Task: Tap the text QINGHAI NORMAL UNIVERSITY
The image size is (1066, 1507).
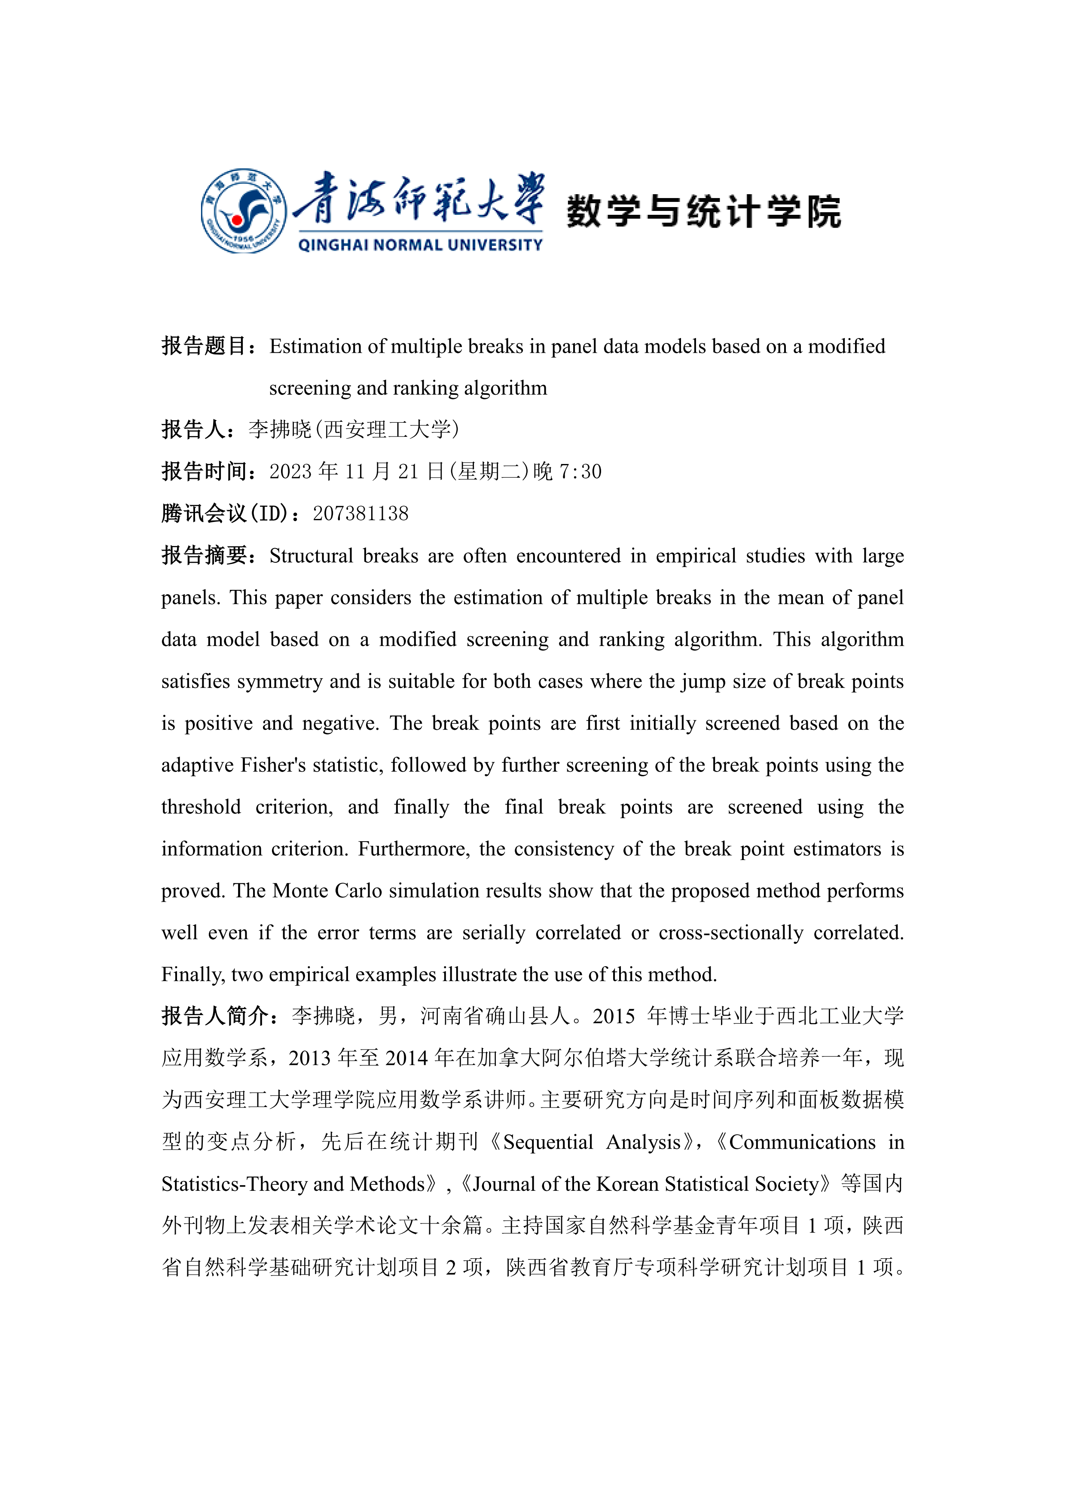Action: pos(420,245)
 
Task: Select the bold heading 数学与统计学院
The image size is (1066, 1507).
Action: pos(704,211)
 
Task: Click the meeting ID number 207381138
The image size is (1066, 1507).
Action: pos(360,513)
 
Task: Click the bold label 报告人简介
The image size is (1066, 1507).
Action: pos(215,1016)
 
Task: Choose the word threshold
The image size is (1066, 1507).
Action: pos(201,807)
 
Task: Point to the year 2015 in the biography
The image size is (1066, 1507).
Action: pos(614,1016)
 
